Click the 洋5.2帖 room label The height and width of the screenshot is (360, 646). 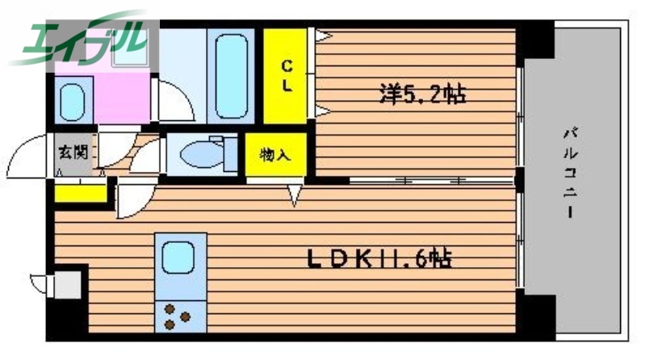tap(422, 94)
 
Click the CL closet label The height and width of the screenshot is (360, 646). tap(287, 74)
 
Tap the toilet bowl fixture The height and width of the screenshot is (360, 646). tap(202, 152)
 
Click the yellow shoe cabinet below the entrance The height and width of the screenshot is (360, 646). tap(81, 192)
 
